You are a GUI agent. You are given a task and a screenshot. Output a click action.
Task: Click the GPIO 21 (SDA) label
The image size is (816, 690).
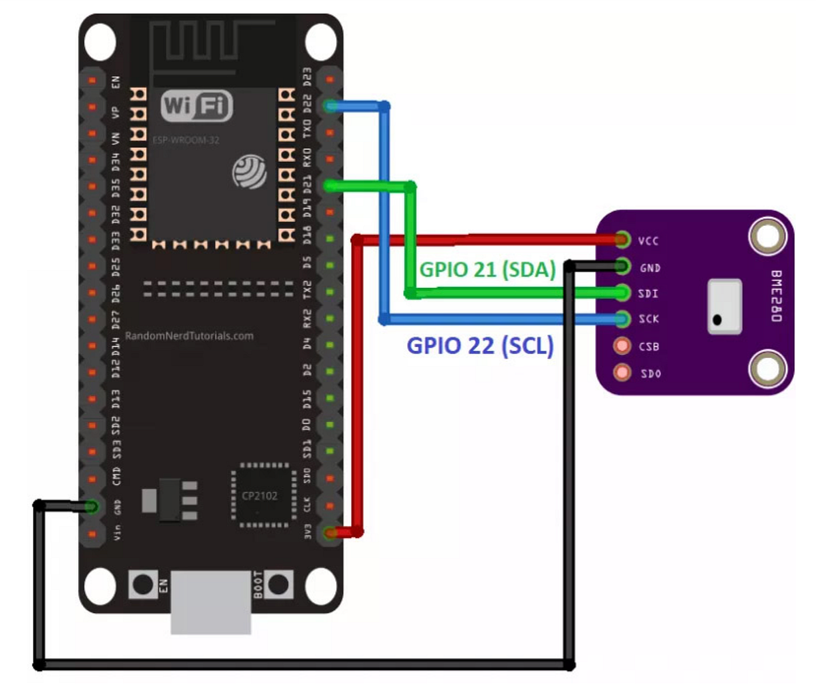[487, 269]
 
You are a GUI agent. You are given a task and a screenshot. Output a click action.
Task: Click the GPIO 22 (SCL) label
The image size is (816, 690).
[480, 346]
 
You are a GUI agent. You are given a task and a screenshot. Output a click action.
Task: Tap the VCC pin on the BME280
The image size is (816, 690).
[622, 240]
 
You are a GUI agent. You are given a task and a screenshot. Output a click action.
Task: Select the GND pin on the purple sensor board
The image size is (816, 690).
[622, 267]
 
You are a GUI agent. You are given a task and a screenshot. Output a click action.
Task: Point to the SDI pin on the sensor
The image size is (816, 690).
[622, 293]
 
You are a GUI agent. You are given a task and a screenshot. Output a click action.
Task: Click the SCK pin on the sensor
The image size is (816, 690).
[622, 318]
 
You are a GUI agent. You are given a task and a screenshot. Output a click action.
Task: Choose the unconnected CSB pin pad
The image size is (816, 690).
[622, 346]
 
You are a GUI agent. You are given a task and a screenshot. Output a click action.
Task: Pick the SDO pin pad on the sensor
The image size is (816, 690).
[622, 372]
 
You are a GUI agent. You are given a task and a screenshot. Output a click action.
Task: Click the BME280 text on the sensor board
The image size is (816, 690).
[776, 296]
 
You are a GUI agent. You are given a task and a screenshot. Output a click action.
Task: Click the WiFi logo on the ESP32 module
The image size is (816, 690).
[197, 107]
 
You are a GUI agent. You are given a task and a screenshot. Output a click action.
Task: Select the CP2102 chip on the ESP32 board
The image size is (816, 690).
[260, 495]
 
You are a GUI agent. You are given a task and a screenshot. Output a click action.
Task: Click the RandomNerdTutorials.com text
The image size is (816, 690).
[189, 335]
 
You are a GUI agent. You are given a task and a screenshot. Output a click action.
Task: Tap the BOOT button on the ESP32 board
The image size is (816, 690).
[279, 585]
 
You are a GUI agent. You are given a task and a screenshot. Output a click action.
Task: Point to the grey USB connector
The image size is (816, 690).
[210, 602]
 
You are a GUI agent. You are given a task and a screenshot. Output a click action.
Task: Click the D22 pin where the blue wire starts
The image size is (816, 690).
[330, 106]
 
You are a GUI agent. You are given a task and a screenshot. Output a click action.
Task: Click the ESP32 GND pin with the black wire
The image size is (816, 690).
[92, 506]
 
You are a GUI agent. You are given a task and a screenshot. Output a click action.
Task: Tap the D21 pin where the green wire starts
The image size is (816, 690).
[330, 185]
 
